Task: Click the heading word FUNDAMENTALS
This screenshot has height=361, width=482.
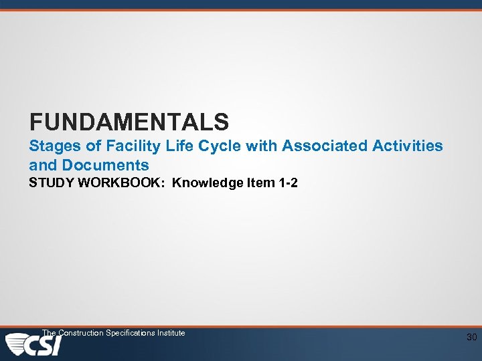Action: pyautogui.click(x=129, y=122)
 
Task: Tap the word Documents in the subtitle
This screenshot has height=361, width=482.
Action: pyautogui.click(x=106, y=164)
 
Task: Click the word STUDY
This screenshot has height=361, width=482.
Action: pyautogui.click(x=52, y=183)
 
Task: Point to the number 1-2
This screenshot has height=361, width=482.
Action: pyautogui.click(x=288, y=183)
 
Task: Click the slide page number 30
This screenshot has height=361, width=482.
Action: pyautogui.click(x=471, y=338)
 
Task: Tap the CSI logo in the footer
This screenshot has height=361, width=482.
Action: pyautogui.click(x=33, y=345)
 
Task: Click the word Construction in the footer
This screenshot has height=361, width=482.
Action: pyautogui.click(x=80, y=333)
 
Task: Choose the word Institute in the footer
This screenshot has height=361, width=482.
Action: pyautogui.click(x=171, y=333)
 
